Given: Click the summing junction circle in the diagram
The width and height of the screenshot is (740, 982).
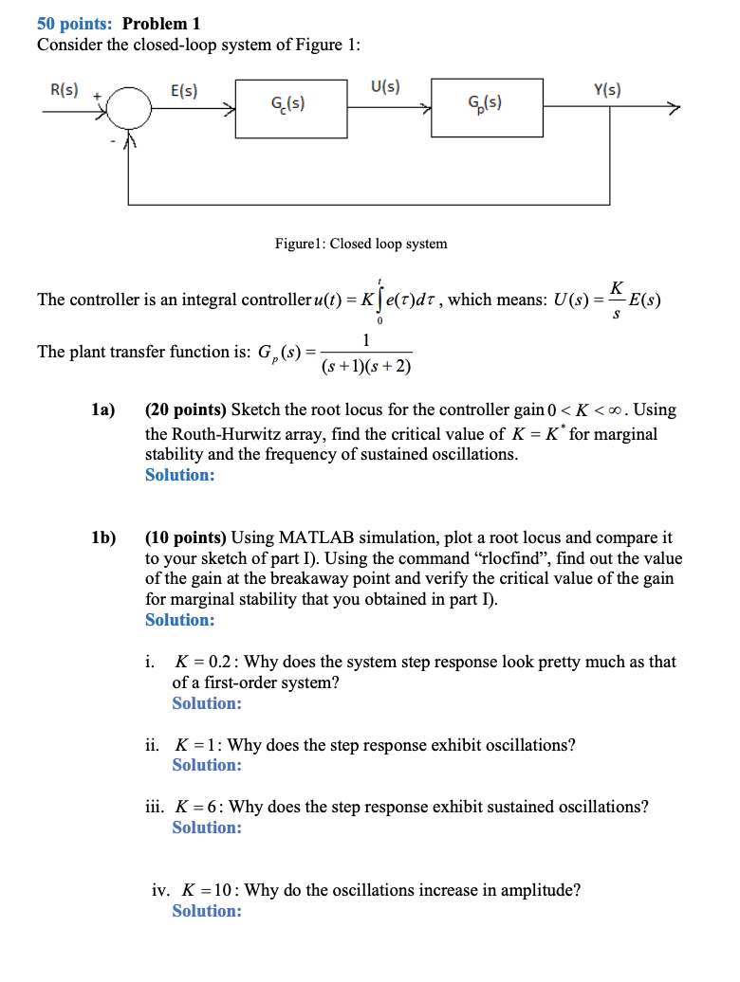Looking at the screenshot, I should pyautogui.click(x=129, y=111).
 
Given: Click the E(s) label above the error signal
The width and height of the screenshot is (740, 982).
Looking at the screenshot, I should pyautogui.click(x=183, y=91).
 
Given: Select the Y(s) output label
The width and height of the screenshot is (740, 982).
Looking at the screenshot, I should pyautogui.click(x=607, y=91).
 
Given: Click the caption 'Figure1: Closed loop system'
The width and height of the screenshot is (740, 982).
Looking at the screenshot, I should pyautogui.click(x=361, y=244).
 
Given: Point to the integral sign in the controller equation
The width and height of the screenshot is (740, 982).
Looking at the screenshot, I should pyautogui.click(x=380, y=300).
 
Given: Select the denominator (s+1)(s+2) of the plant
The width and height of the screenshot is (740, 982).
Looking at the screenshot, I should pyautogui.click(x=366, y=366).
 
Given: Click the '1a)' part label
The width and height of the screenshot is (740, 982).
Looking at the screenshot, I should pyautogui.click(x=103, y=410).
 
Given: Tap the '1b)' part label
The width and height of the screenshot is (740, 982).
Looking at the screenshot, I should pyautogui.click(x=103, y=537).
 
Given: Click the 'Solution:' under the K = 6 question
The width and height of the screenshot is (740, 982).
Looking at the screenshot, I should pyautogui.click(x=207, y=827).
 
